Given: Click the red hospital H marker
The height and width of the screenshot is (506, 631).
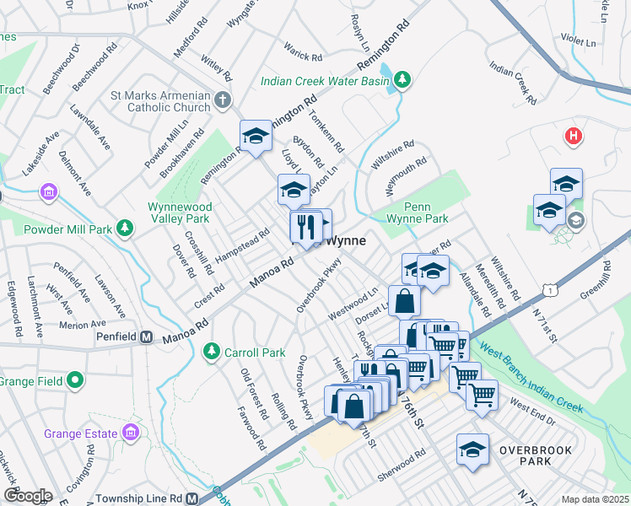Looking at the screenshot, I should (574, 136).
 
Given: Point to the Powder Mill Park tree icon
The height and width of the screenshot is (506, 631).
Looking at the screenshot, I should (125, 228).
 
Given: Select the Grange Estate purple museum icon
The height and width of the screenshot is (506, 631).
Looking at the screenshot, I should (130, 433).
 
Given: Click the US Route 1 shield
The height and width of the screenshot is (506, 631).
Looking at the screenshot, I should (551, 290).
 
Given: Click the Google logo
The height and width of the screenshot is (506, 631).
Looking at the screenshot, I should (27, 495).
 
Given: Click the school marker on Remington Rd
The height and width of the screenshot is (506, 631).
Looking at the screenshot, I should (256, 136).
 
